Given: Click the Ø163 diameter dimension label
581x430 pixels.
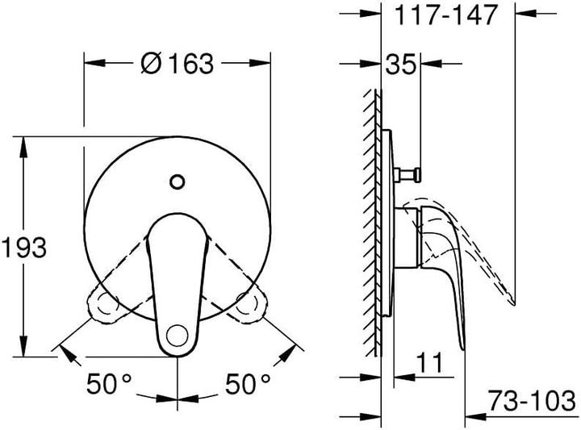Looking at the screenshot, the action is (178, 63).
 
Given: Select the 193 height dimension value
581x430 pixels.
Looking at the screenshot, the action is (24, 247).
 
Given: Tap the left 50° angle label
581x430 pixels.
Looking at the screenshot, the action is (109, 384).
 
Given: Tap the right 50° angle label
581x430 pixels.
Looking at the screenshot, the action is (249, 384).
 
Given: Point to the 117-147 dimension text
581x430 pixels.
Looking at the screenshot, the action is (446, 15).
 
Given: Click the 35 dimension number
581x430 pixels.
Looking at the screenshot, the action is (400, 64).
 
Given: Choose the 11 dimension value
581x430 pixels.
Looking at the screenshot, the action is (429, 362).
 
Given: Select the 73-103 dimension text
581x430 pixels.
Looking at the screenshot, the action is (531, 400).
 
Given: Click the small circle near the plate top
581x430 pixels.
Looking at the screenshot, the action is (177, 182).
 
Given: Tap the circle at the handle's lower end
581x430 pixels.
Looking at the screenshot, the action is (177, 336).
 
